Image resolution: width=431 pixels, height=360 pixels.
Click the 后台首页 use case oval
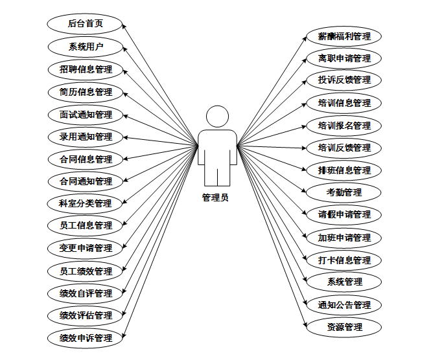pyautogui.click(x=85, y=24)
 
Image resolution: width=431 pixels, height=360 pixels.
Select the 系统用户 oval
pyautogui.click(x=85, y=47)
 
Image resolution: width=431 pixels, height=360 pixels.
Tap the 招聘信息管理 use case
pyautogui.click(x=85, y=69)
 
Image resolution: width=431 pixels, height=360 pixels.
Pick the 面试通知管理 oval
pyautogui.click(x=85, y=115)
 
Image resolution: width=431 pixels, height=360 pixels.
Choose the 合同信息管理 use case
pyautogui.click(x=85, y=159)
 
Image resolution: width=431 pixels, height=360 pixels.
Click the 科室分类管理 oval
pyautogui.click(x=85, y=203)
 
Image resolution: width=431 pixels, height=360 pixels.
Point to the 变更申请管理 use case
pyautogui.click(x=85, y=248)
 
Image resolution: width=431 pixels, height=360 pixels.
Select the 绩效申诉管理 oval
pyautogui.click(x=85, y=338)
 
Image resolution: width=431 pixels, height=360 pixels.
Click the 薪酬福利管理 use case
pyautogui.click(x=344, y=36)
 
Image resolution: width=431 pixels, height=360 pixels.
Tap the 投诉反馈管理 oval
pyautogui.click(x=344, y=80)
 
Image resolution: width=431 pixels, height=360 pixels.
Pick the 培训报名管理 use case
pyautogui.click(x=344, y=126)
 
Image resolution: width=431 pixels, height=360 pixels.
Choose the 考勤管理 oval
pyautogui.click(x=344, y=192)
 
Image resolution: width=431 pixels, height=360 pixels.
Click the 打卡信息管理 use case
pyautogui.click(x=344, y=260)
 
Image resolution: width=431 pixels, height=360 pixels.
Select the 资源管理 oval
pyautogui.click(x=344, y=328)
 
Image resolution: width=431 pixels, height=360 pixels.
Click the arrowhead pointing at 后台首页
pyautogui.click(x=125, y=27)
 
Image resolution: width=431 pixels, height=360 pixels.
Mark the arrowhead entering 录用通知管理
pyautogui.click(x=125, y=137)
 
